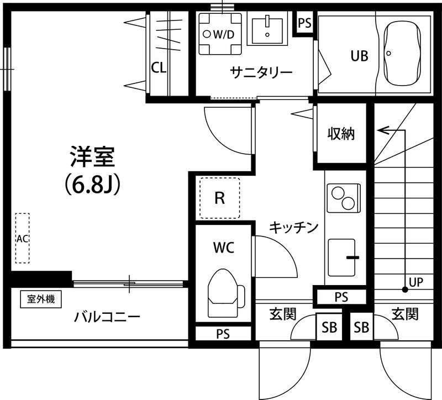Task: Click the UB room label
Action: (x=358, y=55)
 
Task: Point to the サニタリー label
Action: (x=254, y=72)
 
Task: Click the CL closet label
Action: (x=159, y=68)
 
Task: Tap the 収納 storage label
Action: (x=341, y=134)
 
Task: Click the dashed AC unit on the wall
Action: (x=23, y=238)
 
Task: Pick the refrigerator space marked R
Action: (x=219, y=198)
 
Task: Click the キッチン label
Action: (x=294, y=227)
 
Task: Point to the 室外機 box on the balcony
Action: (x=41, y=299)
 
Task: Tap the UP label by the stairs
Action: (x=416, y=282)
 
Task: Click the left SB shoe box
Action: (x=329, y=327)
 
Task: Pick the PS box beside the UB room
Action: (x=304, y=23)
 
